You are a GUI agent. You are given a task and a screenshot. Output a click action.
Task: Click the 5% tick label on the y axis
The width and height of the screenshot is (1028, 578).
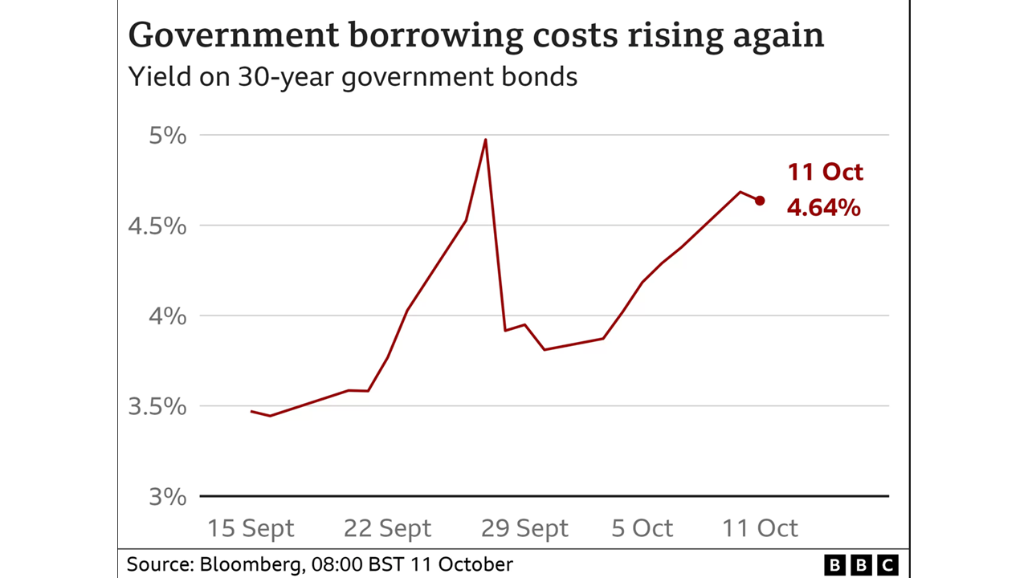point(168,136)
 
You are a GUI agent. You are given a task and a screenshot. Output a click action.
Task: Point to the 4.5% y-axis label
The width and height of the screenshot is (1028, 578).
point(157,226)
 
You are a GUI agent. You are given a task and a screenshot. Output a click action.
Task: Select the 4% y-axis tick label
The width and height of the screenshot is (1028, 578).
point(168,316)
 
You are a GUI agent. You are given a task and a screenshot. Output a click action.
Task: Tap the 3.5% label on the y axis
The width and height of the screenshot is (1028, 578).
point(157,406)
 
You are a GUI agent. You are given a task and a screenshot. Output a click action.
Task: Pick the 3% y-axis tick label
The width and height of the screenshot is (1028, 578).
point(168,496)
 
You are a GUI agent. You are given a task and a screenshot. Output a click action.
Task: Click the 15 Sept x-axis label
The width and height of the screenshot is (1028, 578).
point(251,528)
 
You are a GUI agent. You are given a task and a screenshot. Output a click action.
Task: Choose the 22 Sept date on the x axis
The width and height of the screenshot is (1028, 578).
point(387,528)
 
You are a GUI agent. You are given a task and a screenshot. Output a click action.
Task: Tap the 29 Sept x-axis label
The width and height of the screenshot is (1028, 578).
point(524,528)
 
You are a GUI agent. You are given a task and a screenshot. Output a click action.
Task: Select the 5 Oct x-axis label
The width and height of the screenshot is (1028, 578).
point(642,528)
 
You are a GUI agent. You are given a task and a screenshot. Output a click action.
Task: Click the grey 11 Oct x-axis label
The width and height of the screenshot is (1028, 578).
point(760,528)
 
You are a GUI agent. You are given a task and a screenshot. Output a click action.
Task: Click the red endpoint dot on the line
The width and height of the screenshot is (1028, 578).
point(760,201)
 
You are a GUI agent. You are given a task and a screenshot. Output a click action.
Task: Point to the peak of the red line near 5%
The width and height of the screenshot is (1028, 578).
point(485,140)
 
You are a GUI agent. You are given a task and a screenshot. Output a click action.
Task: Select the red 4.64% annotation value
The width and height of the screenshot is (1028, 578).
point(823,208)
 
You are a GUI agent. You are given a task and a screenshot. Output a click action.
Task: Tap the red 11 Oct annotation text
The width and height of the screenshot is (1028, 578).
point(825,172)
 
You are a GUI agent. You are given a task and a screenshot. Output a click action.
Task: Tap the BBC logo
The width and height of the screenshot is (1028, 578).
point(861,565)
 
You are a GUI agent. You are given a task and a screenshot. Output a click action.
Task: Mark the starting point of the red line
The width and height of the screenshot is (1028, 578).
point(251,411)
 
